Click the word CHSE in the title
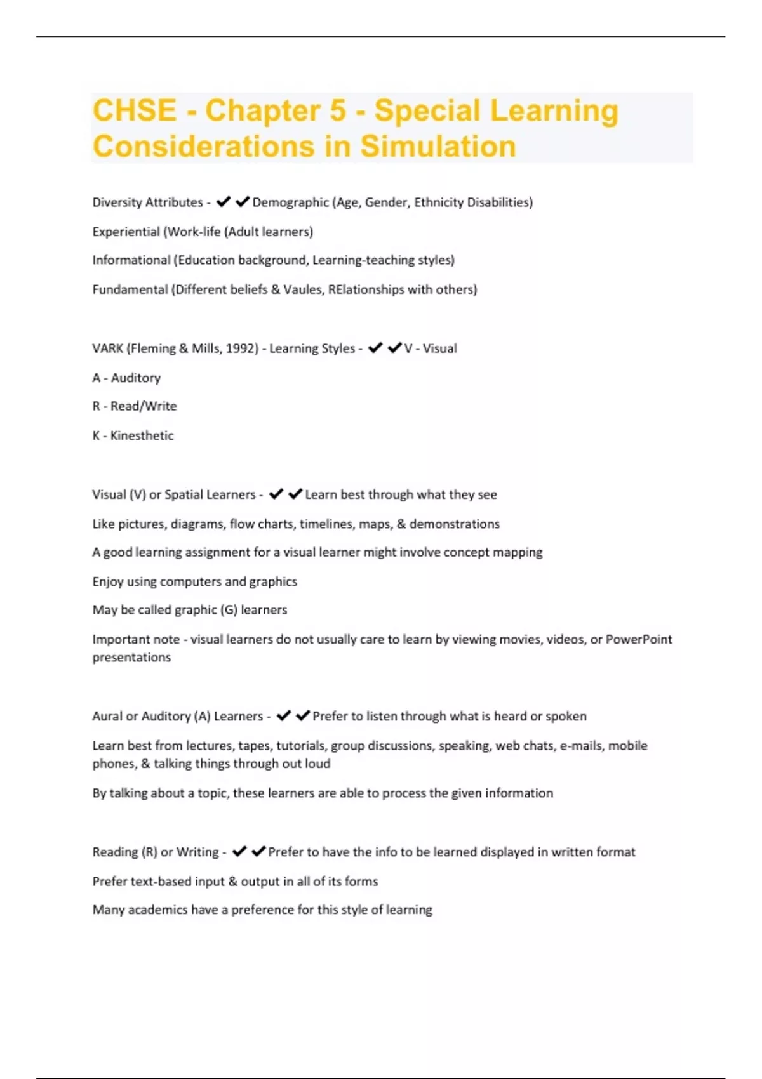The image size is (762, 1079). point(135,110)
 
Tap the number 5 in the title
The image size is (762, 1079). point(337,110)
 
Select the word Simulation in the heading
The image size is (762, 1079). point(438,147)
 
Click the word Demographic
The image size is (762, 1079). point(291,202)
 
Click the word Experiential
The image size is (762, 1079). point(126,232)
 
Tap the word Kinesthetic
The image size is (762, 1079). point(142,435)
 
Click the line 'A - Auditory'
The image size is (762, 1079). point(126,378)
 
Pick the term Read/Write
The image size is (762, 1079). point(144,406)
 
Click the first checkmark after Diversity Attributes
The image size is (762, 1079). point(223,202)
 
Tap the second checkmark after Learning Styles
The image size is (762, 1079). point(394,348)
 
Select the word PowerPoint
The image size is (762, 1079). point(638,639)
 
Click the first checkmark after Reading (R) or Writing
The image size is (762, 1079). point(239,852)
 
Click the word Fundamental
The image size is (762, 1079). point(130,289)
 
